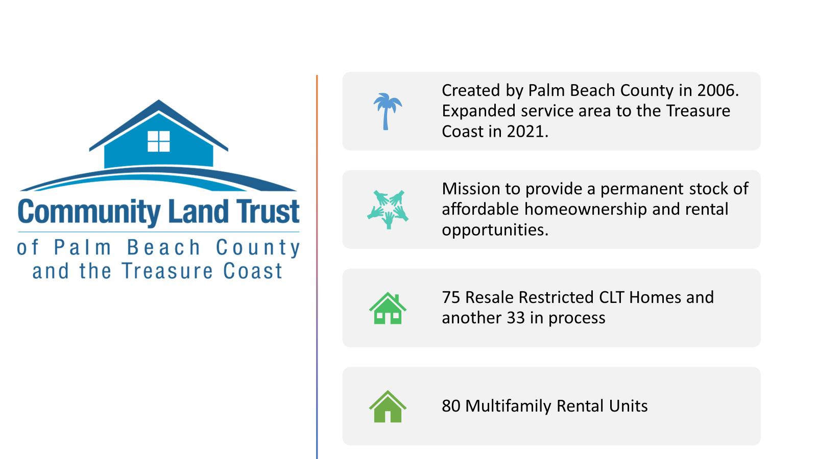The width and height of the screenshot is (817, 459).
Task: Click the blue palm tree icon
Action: pos(387,112)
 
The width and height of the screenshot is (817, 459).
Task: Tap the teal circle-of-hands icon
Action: pos(388,210)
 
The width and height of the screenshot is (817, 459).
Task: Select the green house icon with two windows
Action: pos(388,308)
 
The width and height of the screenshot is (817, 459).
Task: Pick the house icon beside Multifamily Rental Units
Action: pos(388,406)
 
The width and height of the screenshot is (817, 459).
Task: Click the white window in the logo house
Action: pos(159,141)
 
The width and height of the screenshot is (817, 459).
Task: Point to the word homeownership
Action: pos(585,210)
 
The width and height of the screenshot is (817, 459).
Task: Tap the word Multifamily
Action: pos(508,406)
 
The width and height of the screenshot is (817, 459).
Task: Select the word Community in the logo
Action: pos(89,212)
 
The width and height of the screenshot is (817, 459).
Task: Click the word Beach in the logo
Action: pos(163,247)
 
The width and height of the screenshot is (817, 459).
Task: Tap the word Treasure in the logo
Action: pos(167,271)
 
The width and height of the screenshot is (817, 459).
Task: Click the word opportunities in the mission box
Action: pos(495,230)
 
